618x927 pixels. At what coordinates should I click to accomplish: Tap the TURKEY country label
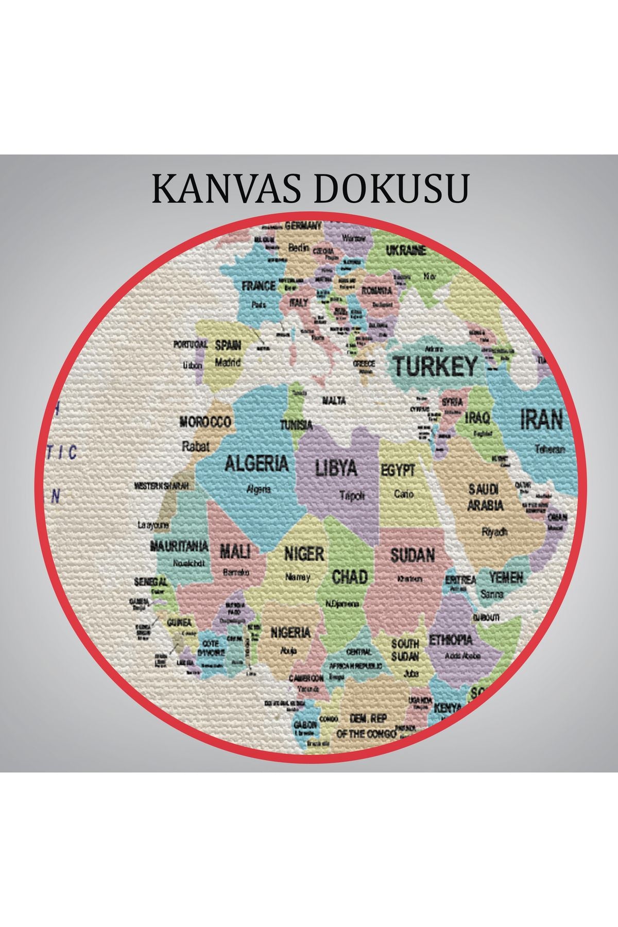pos(435,367)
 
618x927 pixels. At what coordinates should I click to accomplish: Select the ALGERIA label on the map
pos(256,463)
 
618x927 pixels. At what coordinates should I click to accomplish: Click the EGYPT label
pos(398,471)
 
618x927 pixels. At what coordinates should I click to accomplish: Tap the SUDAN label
pos(413,555)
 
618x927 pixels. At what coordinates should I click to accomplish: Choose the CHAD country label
pos(350,576)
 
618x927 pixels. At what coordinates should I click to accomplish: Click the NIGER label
pos(304,554)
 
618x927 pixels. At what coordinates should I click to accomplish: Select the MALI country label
pos(235,552)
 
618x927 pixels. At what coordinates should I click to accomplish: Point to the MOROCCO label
pos(205,422)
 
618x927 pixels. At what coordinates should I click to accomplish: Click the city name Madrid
pos(228,362)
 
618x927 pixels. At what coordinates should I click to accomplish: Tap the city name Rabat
pos(196,446)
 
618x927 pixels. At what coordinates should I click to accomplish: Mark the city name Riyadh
pos(494,532)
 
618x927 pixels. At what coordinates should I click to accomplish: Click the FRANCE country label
pos(259,286)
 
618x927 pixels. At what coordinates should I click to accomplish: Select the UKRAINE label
pos(406,251)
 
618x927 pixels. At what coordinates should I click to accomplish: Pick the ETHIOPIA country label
pos(451,640)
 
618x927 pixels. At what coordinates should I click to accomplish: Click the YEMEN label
pos(506,577)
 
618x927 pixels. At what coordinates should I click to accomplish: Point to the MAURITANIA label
pos(179,546)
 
